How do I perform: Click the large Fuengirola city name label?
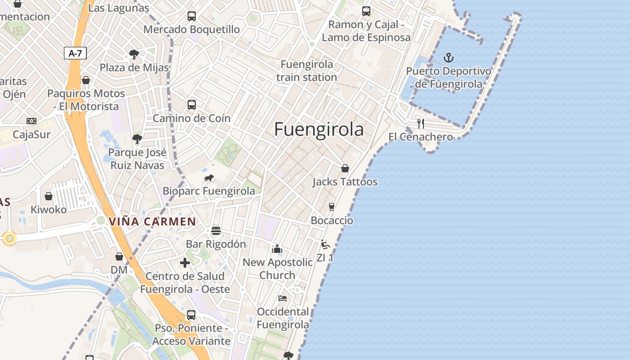[319, 130]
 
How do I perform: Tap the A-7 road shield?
[75, 53]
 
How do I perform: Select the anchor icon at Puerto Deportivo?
[448, 58]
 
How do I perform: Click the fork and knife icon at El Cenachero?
[421, 123]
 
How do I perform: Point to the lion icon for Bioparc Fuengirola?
[209, 178]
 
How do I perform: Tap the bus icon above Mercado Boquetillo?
[192, 16]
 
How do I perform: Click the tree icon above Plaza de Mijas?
[134, 54]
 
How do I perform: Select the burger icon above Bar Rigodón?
[216, 231]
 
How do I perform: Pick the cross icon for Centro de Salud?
[185, 263]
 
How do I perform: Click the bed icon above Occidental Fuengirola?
[283, 298]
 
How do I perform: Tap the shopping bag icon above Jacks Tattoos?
[345, 168]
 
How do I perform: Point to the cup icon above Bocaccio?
[332, 207]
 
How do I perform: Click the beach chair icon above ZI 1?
[325, 245]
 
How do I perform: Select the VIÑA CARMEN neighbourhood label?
[153, 221]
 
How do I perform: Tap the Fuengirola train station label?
[306, 71]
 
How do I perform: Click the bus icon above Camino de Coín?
[192, 105]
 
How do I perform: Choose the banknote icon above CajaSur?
[31, 121]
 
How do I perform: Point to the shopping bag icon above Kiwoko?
[48, 196]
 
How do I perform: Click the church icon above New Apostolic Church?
[277, 249]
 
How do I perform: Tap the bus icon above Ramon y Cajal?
[366, 11]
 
